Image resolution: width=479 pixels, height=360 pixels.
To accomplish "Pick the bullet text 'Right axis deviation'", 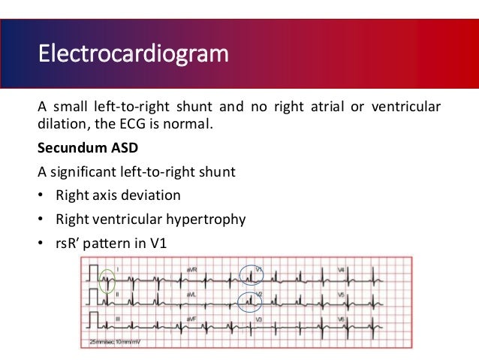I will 118,195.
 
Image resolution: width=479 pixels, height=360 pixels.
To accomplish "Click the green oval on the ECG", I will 107,280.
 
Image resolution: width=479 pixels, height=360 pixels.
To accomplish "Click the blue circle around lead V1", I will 251,274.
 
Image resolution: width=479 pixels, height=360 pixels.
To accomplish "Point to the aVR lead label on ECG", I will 191,268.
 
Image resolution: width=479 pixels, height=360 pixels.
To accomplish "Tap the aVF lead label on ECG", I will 191,320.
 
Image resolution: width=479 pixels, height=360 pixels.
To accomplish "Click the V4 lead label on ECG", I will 341,268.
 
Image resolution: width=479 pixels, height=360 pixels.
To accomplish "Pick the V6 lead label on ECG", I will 341,320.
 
